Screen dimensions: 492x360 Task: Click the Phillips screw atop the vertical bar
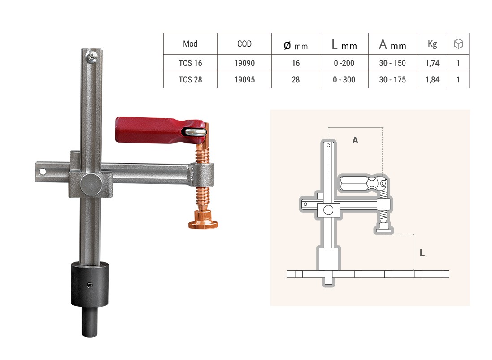(x=91, y=56)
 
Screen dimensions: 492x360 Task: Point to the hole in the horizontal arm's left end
(x=42, y=172)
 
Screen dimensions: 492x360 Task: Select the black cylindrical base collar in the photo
(x=90, y=284)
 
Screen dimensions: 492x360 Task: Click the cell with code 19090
(x=244, y=63)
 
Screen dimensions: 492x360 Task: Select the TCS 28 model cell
(x=190, y=80)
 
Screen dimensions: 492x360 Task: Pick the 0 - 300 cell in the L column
(x=344, y=80)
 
